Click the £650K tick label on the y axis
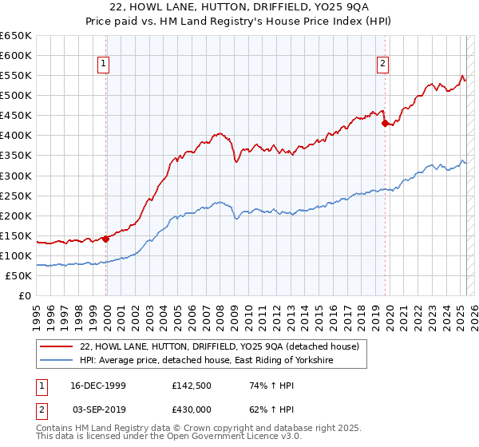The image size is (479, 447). coord(16,36)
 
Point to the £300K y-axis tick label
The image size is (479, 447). coord(16,176)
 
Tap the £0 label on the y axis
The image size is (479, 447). coord(26,295)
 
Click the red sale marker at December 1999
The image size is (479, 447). coord(105,238)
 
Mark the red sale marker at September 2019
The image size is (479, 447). coord(385,123)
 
